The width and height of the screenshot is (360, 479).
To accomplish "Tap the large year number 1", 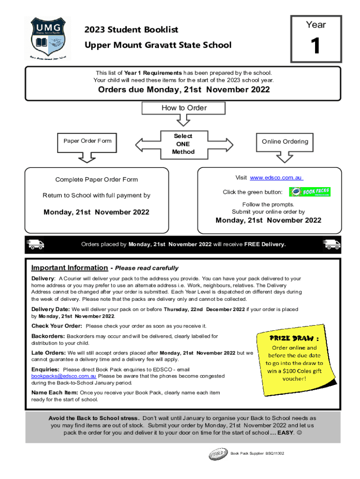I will point(316,46).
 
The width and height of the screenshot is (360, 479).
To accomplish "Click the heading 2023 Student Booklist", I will point(131,30).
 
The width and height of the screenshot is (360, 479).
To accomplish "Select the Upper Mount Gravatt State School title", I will point(158,45).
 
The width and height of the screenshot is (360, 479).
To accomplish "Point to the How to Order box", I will point(184,108).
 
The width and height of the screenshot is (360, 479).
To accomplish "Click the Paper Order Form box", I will point(87,141).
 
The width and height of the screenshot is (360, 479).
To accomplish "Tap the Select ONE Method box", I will point(183,144).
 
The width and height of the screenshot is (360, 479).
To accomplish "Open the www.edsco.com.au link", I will point(276,178).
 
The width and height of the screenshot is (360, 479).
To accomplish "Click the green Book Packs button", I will point(310,192).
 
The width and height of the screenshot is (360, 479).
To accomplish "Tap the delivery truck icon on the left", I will point(36,244).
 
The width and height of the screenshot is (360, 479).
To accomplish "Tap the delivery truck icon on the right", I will point(331,244).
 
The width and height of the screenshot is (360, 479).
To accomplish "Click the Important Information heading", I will point(69,268).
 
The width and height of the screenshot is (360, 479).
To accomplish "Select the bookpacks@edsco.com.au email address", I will point(64,376).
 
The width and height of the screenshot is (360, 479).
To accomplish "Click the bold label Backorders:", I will point(48,336).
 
